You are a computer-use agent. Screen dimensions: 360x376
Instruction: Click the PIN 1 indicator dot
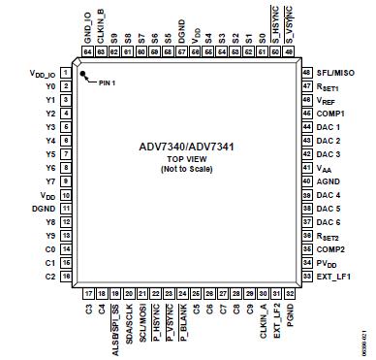(x=84, y=78)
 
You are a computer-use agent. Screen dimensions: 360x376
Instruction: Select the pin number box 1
(x=64, y=72)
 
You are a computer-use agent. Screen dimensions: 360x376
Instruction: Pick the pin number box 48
(x=307, y=72)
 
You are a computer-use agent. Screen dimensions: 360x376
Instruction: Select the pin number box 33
(x=307, y=277)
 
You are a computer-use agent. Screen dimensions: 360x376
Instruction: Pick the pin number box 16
(x=64, y=277)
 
